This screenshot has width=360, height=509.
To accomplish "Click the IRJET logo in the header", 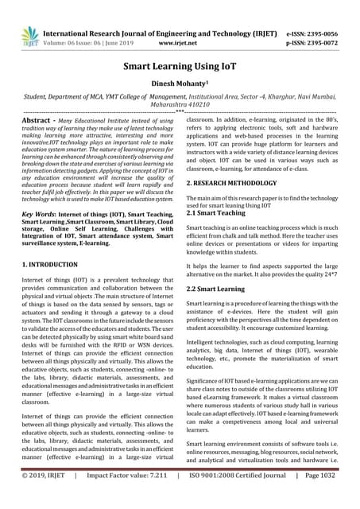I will click(29, 34).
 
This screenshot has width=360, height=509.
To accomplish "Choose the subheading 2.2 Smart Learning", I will click(220, 289).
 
